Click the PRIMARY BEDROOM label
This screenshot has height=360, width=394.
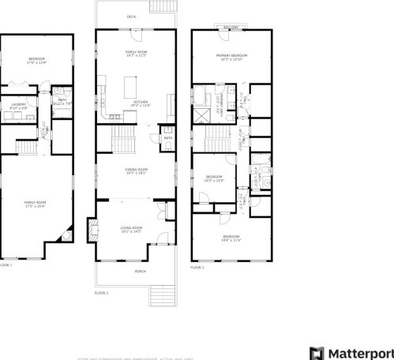click(x=233, y=56)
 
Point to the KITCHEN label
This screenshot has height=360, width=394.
click(x=141, y=102)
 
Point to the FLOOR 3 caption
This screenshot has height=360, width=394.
click(x=197, y=268)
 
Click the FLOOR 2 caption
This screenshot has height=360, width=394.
click(x=101, y=292)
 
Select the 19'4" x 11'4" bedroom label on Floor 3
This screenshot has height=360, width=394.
click(x=231, y=238)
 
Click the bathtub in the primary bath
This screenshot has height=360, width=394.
click(x=201, y=99)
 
